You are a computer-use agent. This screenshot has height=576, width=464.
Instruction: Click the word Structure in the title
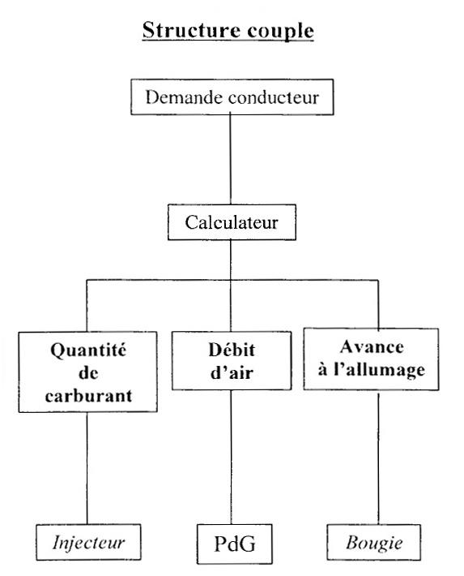(192, 30)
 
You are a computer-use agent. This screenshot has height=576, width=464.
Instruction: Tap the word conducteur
(273, 97)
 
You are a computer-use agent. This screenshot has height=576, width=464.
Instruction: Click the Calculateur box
(232, 222)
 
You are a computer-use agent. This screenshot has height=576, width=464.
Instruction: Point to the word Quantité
(88, 350)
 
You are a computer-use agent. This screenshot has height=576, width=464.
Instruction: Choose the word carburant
(88, 396)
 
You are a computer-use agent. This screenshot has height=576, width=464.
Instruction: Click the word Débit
(232, 350)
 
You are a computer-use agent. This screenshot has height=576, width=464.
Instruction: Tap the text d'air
(232, 372)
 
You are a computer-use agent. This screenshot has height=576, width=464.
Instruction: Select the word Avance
(372, 346)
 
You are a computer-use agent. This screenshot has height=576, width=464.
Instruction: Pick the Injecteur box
(88, 542)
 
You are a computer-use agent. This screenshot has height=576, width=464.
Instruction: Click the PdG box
(235, 544)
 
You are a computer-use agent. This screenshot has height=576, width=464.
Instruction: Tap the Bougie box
(374, 542)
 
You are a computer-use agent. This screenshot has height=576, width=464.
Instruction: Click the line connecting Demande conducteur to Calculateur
(230, 160)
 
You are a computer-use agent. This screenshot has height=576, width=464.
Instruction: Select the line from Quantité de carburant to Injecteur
(87, 468)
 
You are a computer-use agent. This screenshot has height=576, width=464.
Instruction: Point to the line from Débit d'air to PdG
(231, 457)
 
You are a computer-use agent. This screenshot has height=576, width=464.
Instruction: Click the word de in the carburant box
(88, 373)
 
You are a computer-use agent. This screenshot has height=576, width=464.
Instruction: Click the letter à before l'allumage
(323, 370)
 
